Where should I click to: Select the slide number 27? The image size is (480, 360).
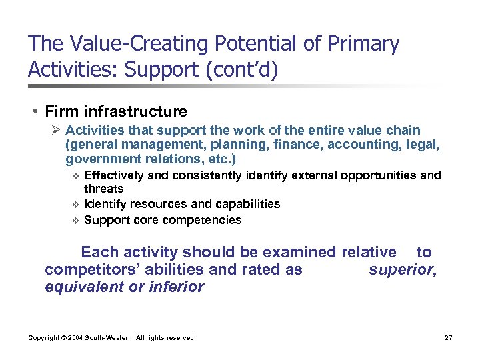448,338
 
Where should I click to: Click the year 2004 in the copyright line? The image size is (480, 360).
79,338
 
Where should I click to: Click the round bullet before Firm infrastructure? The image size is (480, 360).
32,111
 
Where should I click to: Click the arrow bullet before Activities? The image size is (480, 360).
57,131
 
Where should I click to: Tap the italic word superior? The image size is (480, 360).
402,269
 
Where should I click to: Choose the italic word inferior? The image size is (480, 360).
177,287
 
